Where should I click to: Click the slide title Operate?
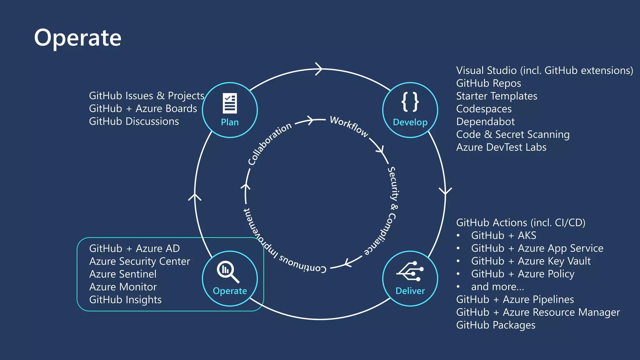pyautogui.click(x=77, y=38)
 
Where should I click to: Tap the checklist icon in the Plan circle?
pyautogui.click(x=230, y=103)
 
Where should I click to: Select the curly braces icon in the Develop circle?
pyautogui.click(x=410, y=102)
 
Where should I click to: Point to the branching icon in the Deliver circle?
pyautogui.click(x=410, y=271)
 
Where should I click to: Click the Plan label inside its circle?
pyautogui.click(x=230, y=122)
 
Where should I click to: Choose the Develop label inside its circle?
pyautogui.click(x=410, y=122)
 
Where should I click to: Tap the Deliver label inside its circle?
pyautogui.click(x=410, y=291)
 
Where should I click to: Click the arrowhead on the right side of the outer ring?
pyautogui.click(x=445, y=191)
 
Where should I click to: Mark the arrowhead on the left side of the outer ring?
pyautogui.click(x=195, y=197)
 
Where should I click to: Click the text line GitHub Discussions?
pyautogui.click(x=134, y=121)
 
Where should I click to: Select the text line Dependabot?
pyautogui.click(x=485, y=122)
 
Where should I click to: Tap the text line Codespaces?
pyautogui.click(x=484, y=109)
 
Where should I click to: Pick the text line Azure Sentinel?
pyautogui.click(x=122, y=274)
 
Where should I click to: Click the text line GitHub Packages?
pyautogui.click(x=496, y=325)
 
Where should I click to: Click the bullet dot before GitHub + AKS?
pyautogui.click(x=458, y=235)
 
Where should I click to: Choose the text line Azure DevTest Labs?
pyautogui.click(x=501, y=147)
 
